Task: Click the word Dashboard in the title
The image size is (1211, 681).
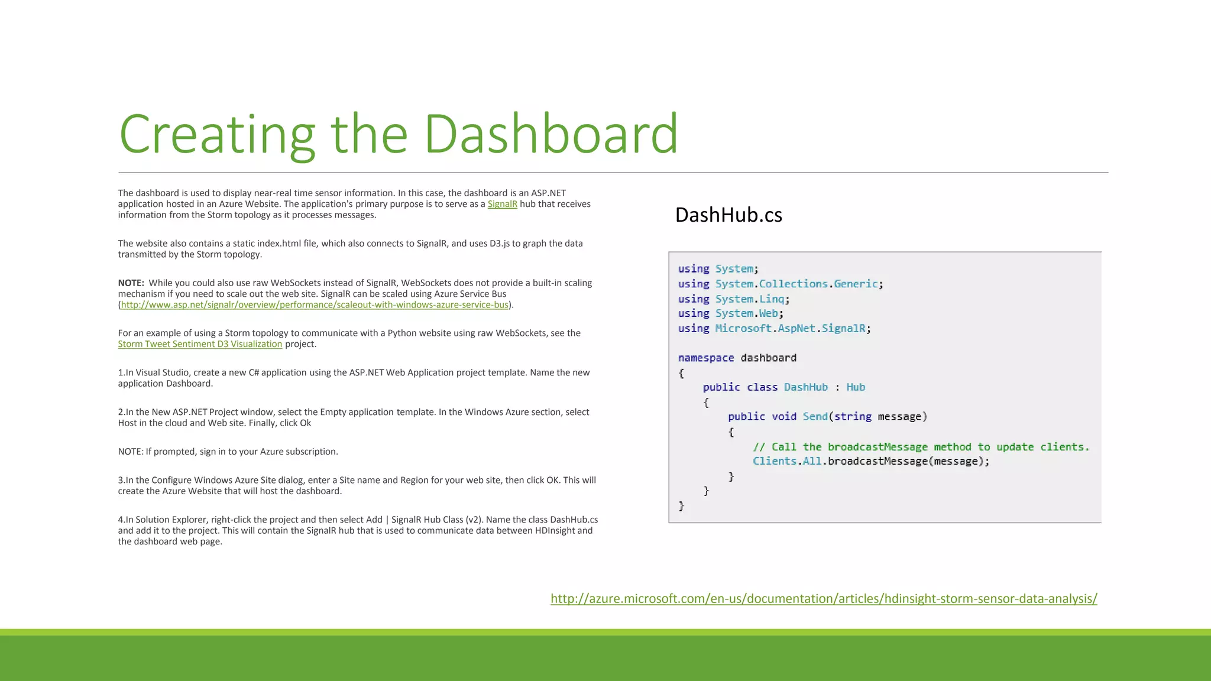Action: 551,135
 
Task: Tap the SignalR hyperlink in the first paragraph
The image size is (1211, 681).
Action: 502,204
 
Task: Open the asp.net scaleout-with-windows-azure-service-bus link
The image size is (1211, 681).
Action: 315,305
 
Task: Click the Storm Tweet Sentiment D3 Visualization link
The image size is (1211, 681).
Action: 200,344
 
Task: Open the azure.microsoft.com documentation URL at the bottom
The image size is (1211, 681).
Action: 824,599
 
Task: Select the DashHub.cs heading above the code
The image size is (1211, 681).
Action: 728,215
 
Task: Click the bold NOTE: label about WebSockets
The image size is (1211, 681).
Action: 131,283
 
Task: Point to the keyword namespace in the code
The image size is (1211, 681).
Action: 705,358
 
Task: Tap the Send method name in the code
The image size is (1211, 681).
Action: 815,417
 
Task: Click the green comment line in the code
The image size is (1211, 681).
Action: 921,447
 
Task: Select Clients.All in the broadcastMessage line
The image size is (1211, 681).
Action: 786,461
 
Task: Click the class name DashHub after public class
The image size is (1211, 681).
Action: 805,387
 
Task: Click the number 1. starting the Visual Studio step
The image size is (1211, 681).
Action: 121,373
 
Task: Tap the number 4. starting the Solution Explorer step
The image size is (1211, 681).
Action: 121,520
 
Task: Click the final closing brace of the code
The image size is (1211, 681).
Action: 681,506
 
